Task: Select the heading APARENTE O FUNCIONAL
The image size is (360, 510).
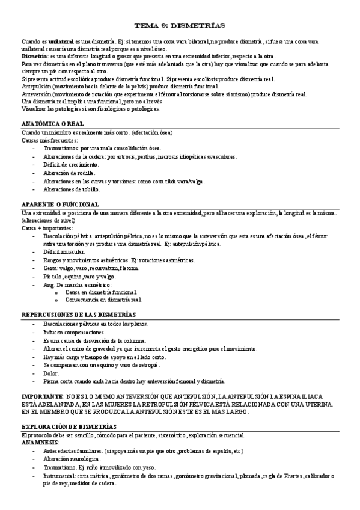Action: point(60,204)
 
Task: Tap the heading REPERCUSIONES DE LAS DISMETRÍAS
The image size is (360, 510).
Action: point(78,315)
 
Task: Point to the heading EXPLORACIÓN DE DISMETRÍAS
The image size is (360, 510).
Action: point(67,425)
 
